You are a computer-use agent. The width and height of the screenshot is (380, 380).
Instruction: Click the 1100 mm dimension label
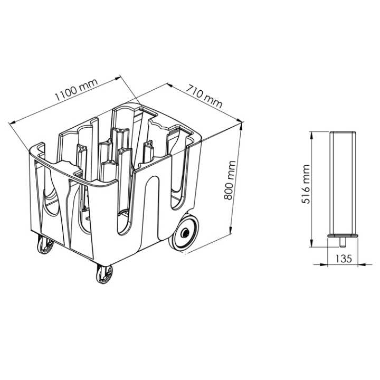[76, 90]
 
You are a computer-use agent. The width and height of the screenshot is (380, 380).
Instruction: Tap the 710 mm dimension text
[204, 96]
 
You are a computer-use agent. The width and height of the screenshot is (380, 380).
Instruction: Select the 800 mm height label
[230, 180]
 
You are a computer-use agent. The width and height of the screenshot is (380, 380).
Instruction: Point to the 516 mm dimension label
[306, 184]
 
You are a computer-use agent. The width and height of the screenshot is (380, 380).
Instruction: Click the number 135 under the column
[344, 259]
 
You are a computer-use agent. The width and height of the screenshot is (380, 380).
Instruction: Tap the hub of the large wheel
[186, 233]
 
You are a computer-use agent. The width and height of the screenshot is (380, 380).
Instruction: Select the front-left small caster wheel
[45, 245]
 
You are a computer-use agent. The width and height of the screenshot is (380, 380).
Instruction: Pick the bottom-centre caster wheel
[104, 274]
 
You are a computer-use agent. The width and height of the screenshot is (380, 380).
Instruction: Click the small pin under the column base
[342, 242]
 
